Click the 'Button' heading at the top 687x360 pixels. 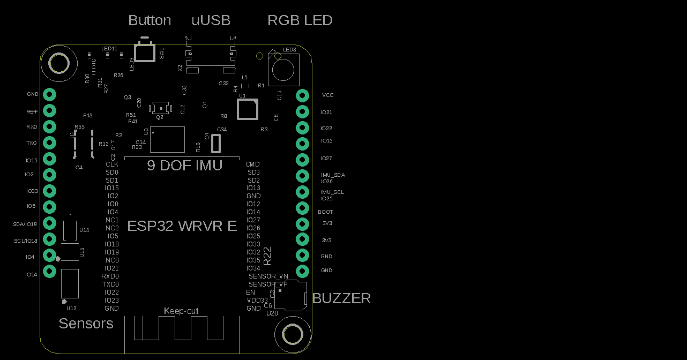[150, 20]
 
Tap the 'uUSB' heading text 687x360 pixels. [211, 20]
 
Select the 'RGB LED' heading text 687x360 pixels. [300, 20]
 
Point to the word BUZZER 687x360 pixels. [341, 298]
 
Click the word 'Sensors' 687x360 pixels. [86, 324]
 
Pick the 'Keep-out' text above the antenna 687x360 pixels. [181, 311]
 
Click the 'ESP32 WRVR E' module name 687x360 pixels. [182, 226]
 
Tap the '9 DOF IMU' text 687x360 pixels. [184, 166]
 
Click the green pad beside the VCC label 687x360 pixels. [302, 95]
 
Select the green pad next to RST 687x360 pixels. [49, 111]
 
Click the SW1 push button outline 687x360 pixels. [143, 52]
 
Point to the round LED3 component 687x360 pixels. [282, 70]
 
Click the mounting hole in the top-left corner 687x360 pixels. [58, 63]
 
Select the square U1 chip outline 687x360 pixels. [248, 109]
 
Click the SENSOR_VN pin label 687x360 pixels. [268, 276]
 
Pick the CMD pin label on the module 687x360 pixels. [252, 164]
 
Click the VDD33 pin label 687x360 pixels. [257, 301]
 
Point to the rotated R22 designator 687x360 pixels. [268, 256]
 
